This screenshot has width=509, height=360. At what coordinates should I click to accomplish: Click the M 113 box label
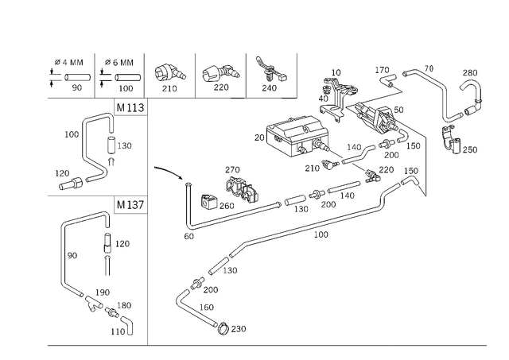(x=130, y=107)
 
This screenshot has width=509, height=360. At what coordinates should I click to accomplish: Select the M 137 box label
(x=130, y=205)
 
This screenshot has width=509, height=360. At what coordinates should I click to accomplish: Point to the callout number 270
(x=232, y=169)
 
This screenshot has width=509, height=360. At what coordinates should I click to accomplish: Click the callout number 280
(x=470, y=72)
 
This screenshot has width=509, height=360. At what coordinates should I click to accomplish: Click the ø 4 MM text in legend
(x=69, y=62)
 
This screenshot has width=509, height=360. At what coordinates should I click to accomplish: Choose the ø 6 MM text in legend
(x=119, y=62)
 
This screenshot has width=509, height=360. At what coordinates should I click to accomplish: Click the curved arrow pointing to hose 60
(x=169, y=171)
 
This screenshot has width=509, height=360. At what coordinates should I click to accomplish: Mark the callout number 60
(x=189, y=236)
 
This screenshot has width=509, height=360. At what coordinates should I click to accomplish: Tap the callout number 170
(x=382, y=70)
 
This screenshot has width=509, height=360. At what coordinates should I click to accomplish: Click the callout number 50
(x=398, y=110)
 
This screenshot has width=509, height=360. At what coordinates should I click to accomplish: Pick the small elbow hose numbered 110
(x=128, y=325)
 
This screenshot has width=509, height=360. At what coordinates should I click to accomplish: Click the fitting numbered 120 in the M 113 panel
(x=71, y=184)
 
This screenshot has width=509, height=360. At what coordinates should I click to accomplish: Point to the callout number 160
(x=207, y=307)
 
